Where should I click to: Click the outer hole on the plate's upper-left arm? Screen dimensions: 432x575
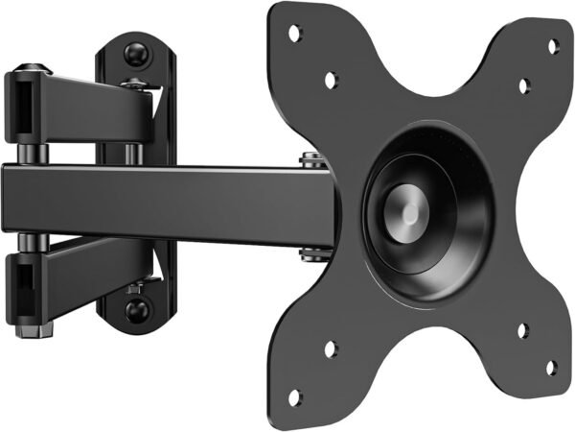(295, 32)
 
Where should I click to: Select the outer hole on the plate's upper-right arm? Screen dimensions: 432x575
(553, 44)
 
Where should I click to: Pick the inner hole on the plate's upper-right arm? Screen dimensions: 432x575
(522, 85)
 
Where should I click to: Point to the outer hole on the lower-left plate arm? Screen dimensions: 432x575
(295, 395)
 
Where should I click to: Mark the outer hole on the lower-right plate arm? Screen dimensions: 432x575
(551, 366)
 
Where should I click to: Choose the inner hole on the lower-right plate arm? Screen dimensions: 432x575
(522, 331)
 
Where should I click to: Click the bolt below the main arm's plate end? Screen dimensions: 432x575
(309, 254)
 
